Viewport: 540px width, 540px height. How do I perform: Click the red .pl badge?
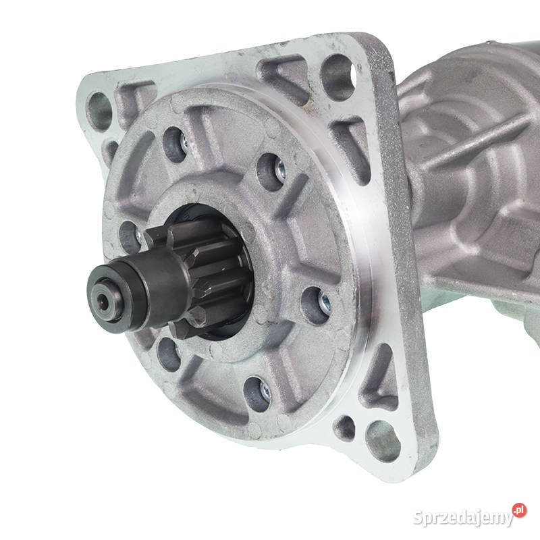pyautogui.click(x=519, y=510)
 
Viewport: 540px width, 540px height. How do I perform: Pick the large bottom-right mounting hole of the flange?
pyautogui.click(x=383, y=441)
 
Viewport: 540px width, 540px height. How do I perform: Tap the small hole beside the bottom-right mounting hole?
pyautogui.click(x=345, y=428)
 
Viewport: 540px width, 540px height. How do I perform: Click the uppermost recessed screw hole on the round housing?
pyautogui.click(x=175, y=144)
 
